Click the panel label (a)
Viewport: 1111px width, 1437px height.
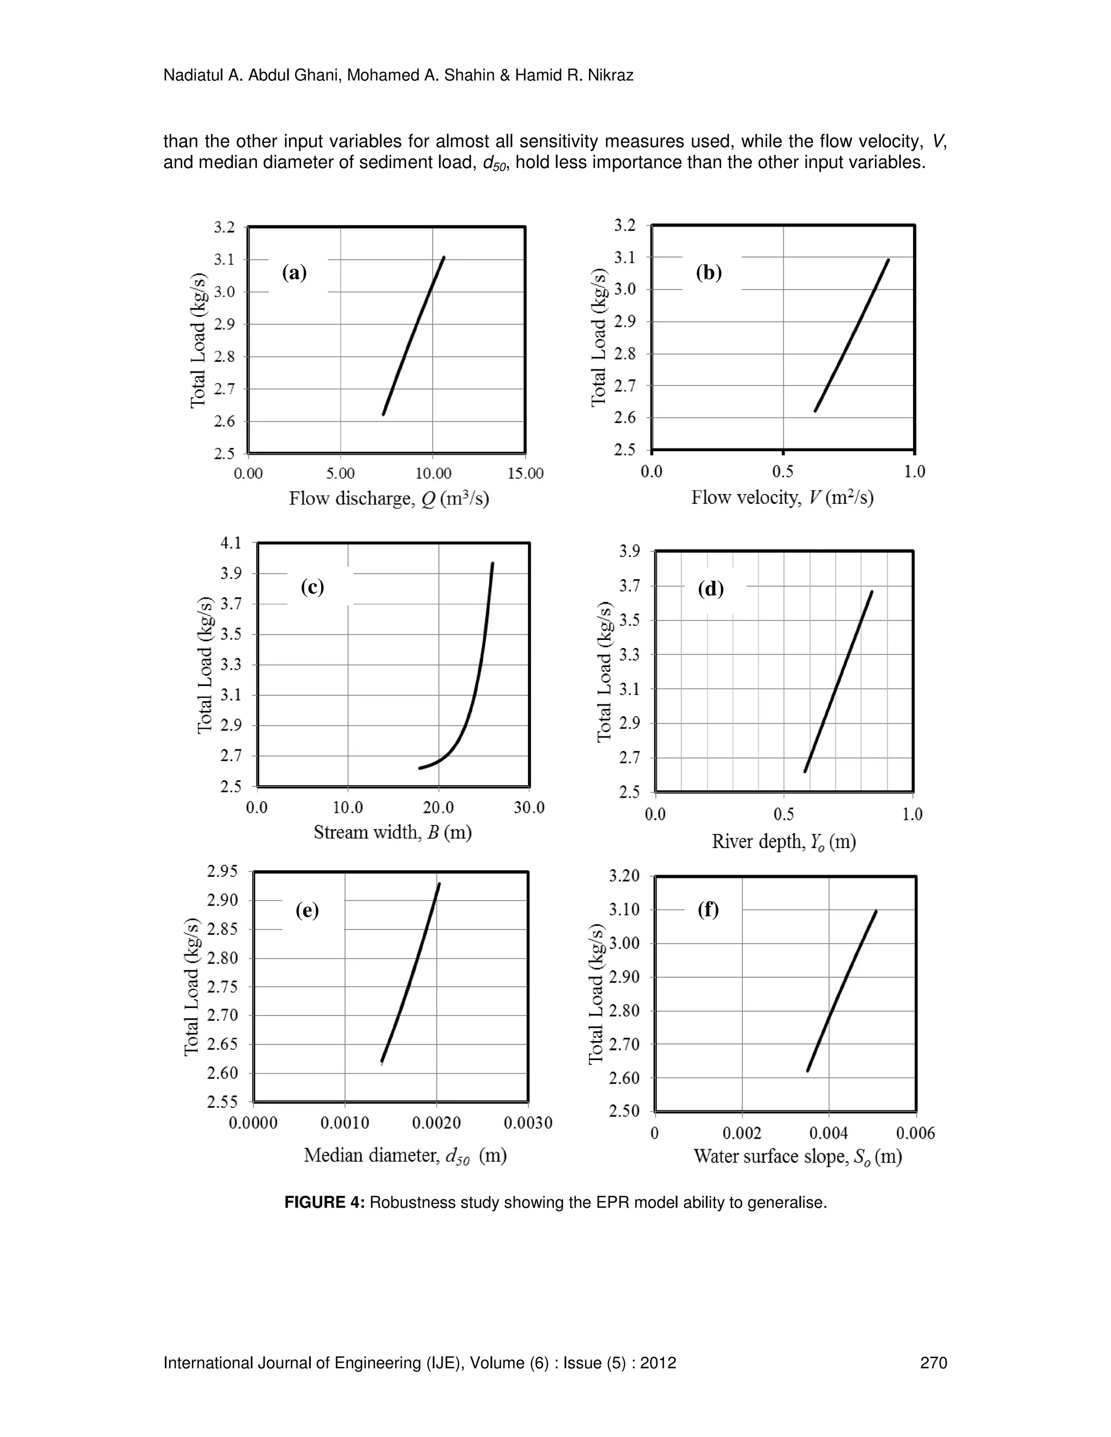[294, 272]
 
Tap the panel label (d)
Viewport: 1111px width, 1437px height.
[710, 589]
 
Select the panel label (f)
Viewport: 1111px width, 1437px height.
[708, 909]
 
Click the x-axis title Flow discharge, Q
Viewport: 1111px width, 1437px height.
[389, 498]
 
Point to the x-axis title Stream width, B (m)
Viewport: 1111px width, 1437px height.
[392, 832]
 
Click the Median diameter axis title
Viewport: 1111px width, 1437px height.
[405, 1156]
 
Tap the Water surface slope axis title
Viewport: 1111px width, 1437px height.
[797, 1156]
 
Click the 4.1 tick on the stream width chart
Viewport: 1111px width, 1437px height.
[231, 543]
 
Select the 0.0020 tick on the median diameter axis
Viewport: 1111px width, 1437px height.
[436, 1123]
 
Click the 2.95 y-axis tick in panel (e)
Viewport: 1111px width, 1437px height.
[222, 872]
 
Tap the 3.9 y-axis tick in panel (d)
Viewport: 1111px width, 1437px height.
[629, 551]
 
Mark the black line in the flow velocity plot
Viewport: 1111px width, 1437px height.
[852, 335]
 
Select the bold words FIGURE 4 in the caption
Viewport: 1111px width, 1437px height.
[324, 1203]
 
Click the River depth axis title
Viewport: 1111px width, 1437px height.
[783, 842]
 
